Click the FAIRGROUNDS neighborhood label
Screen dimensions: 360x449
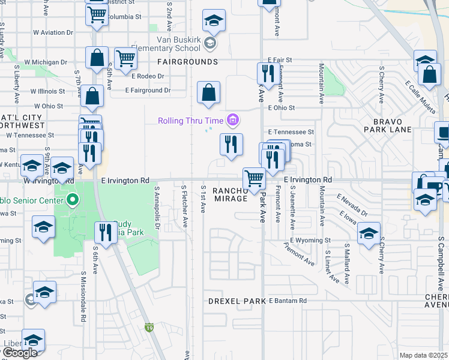pyautogui.click(x=187, y=62)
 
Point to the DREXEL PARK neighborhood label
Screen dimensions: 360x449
pyautogui.click(x=237, y=301)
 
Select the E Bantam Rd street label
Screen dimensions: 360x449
pyautogui.click(x=288, y=301)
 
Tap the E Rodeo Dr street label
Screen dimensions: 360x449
pyautogui.click(x=147, y=76)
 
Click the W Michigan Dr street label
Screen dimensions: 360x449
pyautogui.click(x=46, y=62)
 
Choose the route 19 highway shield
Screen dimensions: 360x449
pyautogui.click(x=149, y=328)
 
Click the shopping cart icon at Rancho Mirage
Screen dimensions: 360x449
pyautogui.click(x=254, y=178)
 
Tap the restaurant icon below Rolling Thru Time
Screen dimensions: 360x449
pyautogui.click(x=231, y=144)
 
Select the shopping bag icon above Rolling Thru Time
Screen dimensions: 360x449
pyautogui.click(x=208, y=93)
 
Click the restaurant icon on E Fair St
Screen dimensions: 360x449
pyautogui.click(x=267, y=74)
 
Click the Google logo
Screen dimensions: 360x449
pyautogui.click(x=20, y=353)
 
